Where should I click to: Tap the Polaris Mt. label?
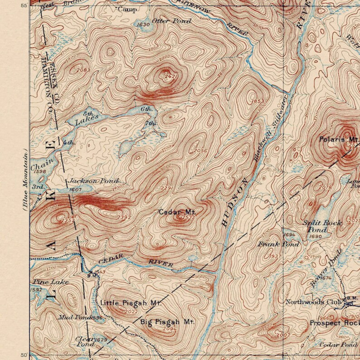coord(338,140)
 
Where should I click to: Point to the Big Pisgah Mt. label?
coord(167,322)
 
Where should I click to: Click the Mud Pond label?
coord(74,317)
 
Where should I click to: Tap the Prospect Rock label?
coord(334,323)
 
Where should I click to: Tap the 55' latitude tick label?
coord(24,5)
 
